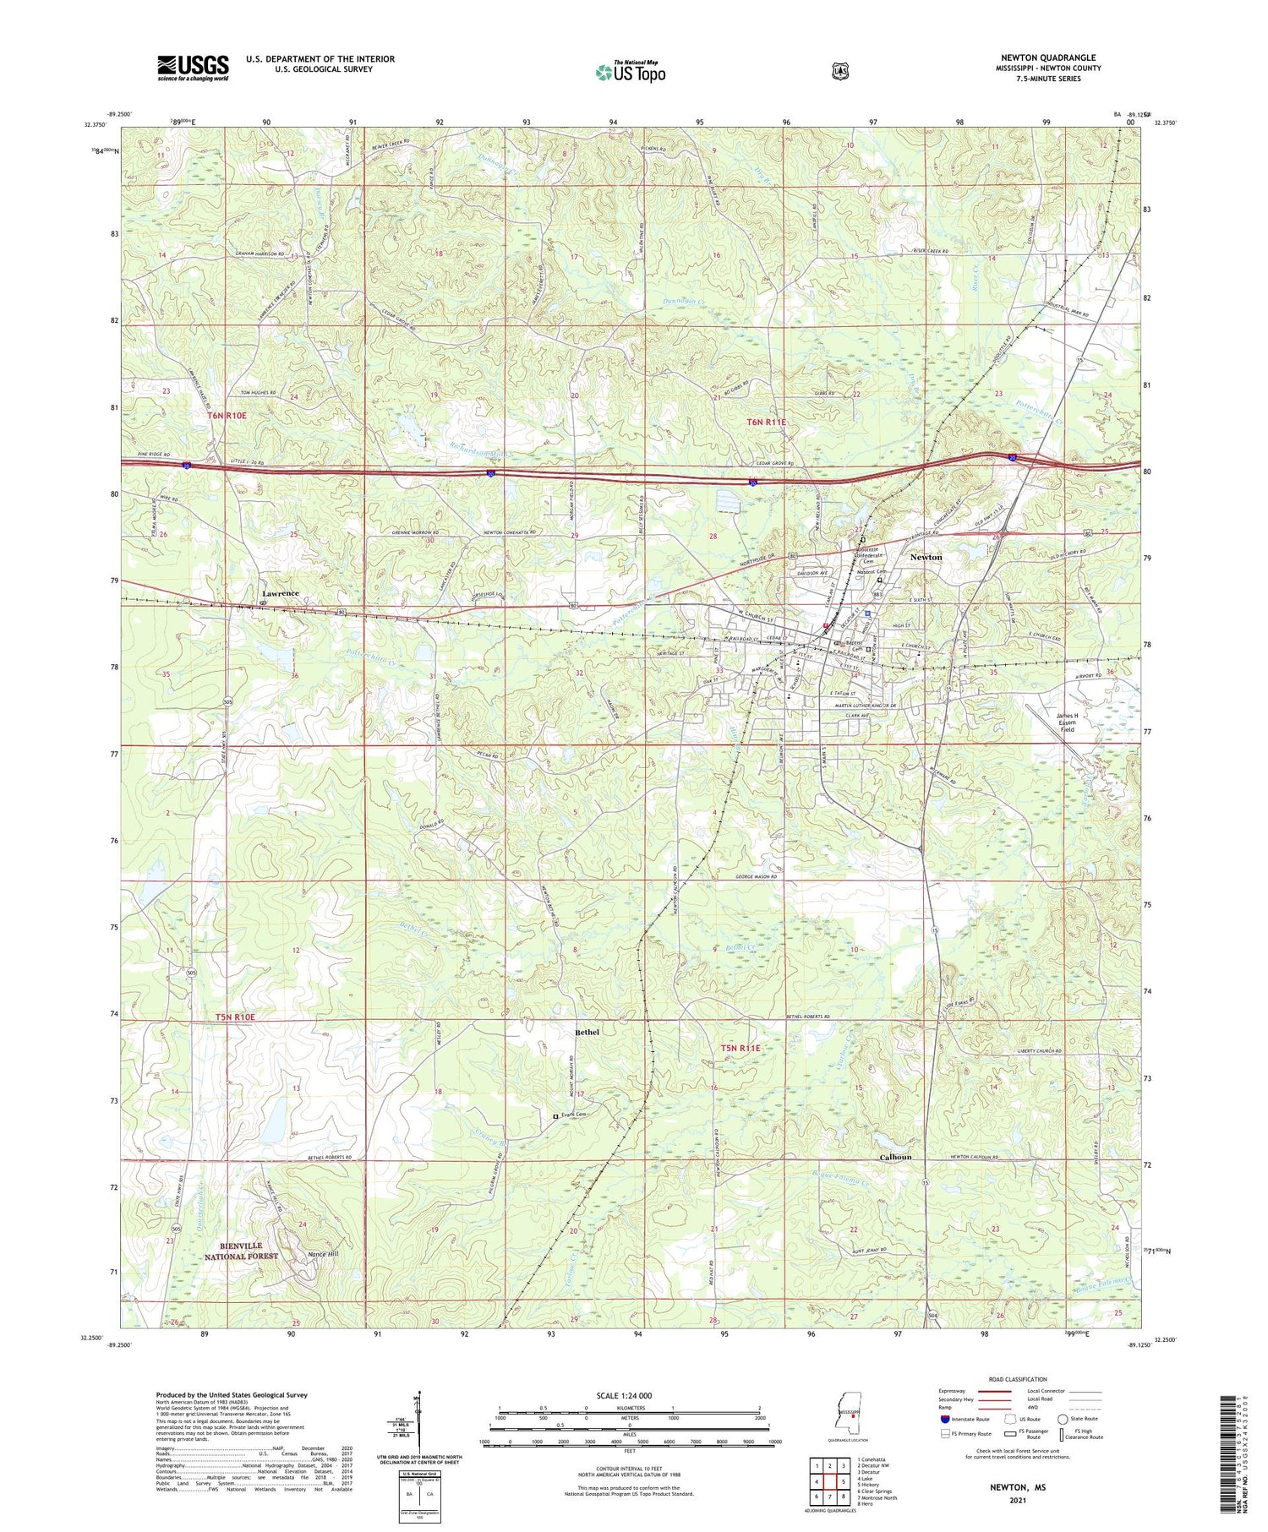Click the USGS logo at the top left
(193, 68)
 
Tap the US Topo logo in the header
(631, 72)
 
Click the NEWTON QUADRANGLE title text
(1048, 57)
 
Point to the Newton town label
(926, 558)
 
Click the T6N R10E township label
(226, 416)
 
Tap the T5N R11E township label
(741, 1048)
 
